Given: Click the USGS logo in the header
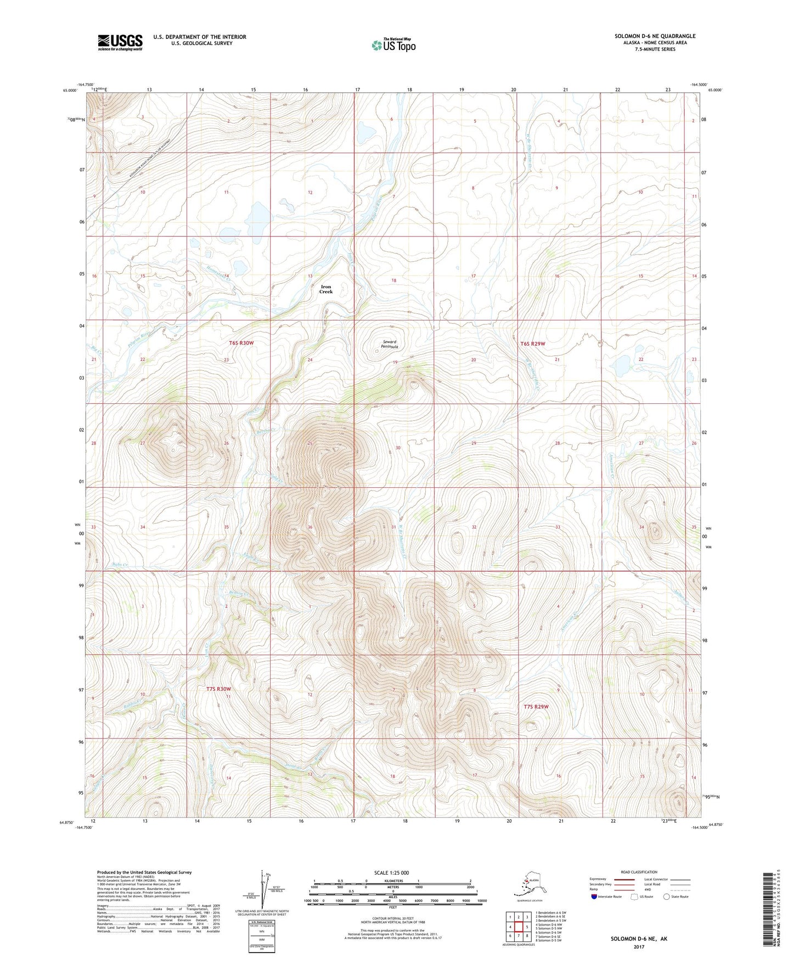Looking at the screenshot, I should tap(120, 42).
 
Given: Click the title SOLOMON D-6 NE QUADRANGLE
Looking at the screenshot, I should tap(655, 36).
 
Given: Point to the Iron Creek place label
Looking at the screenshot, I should tap(326, 289).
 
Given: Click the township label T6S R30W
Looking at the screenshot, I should tap(241, 343).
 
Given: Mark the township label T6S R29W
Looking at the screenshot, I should tap(532, 343).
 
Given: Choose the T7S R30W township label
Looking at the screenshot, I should tap(218, 689).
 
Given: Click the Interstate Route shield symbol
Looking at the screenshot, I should tap(594, 897).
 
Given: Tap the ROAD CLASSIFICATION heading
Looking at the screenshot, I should tap(639, 872).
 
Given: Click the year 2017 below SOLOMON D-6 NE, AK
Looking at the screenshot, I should tap(638, 946).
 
